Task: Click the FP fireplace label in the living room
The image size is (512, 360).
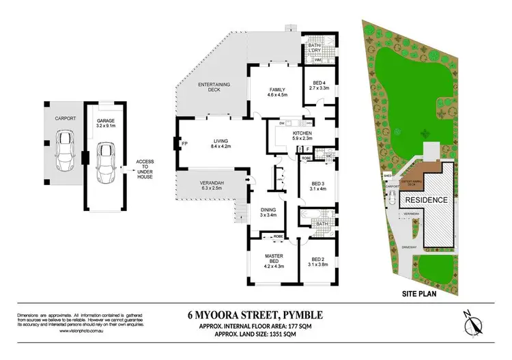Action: point(184,143)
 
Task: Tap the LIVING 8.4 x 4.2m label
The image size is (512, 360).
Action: point(212,143)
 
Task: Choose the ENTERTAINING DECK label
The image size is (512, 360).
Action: point(214,87)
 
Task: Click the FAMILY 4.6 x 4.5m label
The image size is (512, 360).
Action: point(276,93)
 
